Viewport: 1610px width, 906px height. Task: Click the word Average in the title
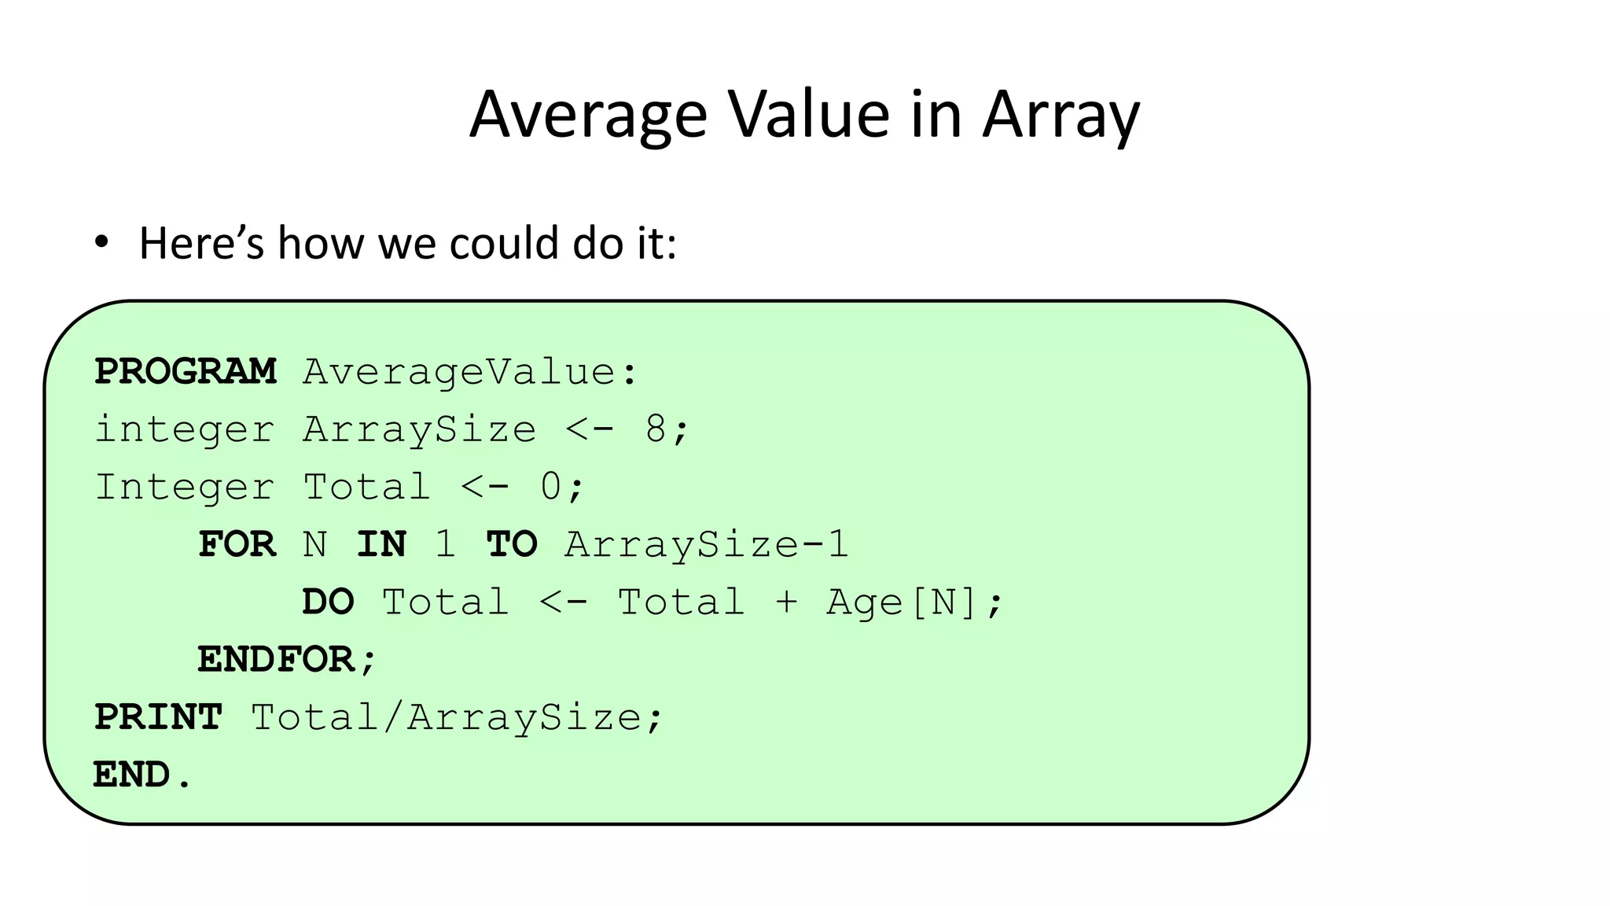(x=588, y=115)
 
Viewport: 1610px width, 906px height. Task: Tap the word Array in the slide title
(x=1060, y=115)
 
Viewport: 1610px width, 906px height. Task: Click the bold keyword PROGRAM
(x=186, y=372)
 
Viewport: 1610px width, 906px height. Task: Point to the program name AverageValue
(x=460, y=372)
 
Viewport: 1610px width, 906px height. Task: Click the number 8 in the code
(x=656, y=429)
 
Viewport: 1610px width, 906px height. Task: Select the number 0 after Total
(x=551, y=487)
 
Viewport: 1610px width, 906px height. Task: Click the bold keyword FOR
(x=237, y=544)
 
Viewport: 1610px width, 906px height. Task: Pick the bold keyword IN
(x=381, y=544)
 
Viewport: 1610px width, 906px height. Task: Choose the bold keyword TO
(x=512, y=544)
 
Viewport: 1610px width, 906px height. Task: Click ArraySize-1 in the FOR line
(x=707, y=544)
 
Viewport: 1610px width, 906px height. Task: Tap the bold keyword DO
(x=329, y=602)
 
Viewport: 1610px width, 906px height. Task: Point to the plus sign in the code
(x=786, y=602)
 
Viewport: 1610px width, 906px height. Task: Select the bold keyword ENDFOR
(x=276, y=660)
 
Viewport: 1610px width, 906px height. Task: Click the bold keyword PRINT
(x=159, y=717)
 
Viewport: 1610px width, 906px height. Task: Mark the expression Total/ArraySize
(x=447, y=717)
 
